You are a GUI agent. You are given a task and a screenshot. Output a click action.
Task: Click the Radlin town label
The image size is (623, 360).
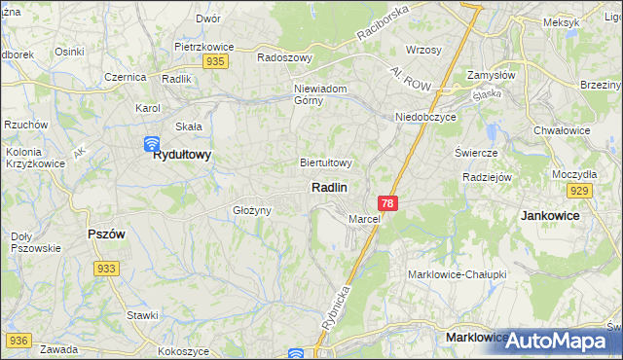(x=330, y=187)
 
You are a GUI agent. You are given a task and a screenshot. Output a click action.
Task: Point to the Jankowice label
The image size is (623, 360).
(x=551, y=215)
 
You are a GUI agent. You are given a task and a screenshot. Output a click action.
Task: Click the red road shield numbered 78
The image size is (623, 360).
(x=388, y=203)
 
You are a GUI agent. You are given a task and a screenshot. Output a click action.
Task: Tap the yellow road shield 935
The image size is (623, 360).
(x=216, y=61)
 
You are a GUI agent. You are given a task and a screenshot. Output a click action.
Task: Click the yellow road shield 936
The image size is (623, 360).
(x=18, y=341)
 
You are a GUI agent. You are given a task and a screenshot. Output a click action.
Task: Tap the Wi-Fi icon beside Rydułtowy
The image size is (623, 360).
(x=152, y=145)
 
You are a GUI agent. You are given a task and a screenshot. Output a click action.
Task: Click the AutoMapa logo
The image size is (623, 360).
(x=560, y=342)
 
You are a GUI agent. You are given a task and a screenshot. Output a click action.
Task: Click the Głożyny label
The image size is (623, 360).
(x=251, y=210)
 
